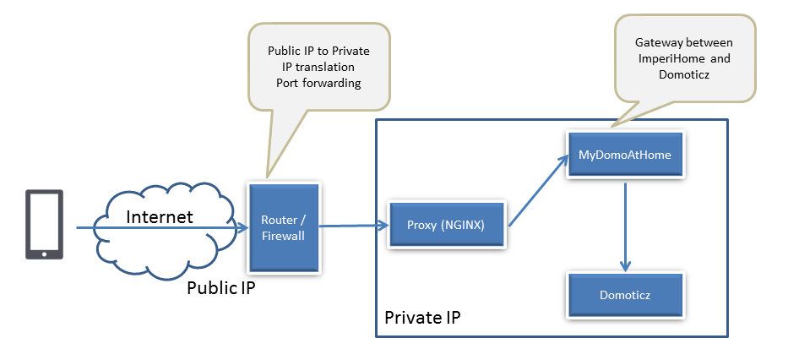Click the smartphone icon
(45, 223)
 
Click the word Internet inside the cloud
(159, 217)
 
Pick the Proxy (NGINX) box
(448, 226)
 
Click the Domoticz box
(624, 296)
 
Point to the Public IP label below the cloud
(220, 288)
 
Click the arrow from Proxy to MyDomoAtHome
(539, 189)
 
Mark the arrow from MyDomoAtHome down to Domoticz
(625, 224)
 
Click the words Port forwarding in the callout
(318, 83)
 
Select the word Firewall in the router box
(284, 237)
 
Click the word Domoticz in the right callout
(684, 74)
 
